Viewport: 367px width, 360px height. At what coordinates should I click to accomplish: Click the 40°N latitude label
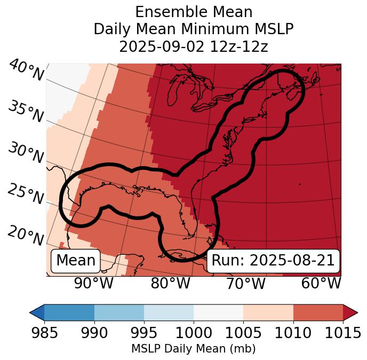tap(26, 71)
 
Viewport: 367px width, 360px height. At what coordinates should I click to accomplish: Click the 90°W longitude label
tap(94, 283)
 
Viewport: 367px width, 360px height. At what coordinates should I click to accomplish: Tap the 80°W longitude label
tap(170, 283)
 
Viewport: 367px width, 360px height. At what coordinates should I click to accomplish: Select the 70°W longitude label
tap(245, 283)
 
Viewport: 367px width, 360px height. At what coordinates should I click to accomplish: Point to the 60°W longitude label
tap(321, 283)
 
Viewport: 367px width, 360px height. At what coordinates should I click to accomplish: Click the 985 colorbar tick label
tap(44, 333)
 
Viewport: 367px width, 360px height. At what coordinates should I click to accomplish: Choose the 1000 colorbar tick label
tap(194, 333)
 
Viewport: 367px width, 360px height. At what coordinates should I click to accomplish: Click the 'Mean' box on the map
tap(76, 261)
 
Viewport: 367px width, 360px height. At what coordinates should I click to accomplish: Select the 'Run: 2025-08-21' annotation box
tap(273, 261)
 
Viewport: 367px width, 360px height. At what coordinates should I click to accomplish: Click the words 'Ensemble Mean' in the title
tap(194, 12)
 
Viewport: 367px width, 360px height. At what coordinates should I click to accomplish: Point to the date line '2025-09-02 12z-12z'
tap(194, 46)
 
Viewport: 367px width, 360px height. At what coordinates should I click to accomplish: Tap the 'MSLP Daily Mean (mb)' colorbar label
tap(194, 349)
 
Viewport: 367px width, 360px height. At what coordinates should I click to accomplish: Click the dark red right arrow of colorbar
tap(350, 312)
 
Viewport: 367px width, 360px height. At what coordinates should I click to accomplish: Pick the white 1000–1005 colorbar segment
tap(218, 312)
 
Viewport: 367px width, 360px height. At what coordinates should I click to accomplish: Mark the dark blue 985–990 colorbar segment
tap(69, 312)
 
